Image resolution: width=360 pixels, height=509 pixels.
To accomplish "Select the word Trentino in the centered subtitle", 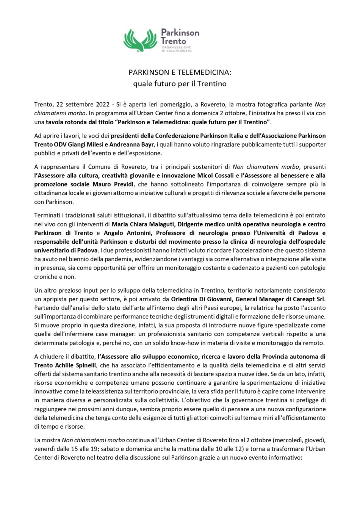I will point(212,83).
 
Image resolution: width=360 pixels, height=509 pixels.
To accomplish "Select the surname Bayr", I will point(146,144).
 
